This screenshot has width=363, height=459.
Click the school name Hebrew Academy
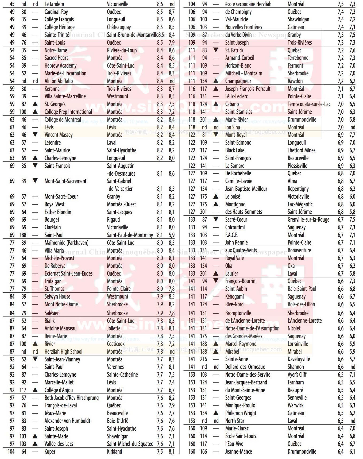pyautogui.click(x=60, y=66)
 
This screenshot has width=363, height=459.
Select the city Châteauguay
pyautogui.click(x=119, y=27)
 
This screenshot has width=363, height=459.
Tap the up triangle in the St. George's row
pyautogui.click(x=35, y=104)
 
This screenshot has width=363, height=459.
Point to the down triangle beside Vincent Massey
pyautogui.click(x=35, y=134)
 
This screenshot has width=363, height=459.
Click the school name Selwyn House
pyautogui.click(x=57, y=297)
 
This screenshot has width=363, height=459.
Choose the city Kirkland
pyautogui.click(x=114, y=452)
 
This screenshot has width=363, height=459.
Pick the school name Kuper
pyautogui.click(x=50, y=452)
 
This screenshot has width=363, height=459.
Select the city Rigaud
pyautogui.click(x=113, y=220)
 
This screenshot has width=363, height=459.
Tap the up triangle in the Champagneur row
pyautogui.click(x=216, y=81)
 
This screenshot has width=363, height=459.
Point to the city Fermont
pyautogui.click(x=295, y=66)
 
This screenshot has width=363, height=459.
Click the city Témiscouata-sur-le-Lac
pyautogui.click(x=309, y=104)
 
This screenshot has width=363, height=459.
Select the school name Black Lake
pyautogui.click(x=235, y=151)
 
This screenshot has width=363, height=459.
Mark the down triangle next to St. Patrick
pyautogui.click(x=216, y=50)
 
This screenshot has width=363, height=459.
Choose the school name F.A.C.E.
pyautogui.click(x=232, y=235)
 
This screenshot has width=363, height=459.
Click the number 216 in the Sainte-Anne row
pyautogui.click(x=203, y=359)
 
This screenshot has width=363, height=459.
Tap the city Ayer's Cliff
pyautogui.click(x=297, y=375)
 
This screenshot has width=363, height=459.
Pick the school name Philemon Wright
pyautogui.click(x=241, y=413)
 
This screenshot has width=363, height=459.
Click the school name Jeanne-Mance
pyautogui.click(x=238, y=452)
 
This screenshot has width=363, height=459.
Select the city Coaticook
pyautogui.click(x=116, y=344)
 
